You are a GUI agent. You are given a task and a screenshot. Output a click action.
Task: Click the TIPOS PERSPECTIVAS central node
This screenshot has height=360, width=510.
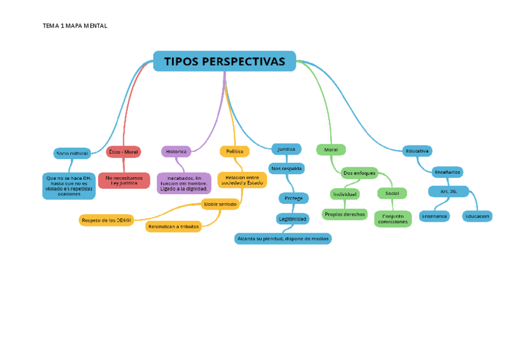224,61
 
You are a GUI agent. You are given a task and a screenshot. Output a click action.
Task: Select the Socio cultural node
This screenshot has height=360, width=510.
72,153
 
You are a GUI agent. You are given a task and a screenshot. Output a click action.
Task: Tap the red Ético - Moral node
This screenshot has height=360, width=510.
123,152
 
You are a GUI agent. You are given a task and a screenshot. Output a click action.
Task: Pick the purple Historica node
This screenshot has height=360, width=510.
176,151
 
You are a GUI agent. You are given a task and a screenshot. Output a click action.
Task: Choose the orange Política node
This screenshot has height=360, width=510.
235,151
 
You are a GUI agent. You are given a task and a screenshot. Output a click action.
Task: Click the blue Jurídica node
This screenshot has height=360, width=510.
286,148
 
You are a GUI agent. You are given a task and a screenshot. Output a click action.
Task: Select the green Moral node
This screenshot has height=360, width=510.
331,150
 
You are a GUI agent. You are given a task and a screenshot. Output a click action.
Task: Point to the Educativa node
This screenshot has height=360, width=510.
417,151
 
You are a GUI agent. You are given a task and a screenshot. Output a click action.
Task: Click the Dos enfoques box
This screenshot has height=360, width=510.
359,173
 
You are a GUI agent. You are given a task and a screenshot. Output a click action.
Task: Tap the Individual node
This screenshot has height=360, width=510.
345,194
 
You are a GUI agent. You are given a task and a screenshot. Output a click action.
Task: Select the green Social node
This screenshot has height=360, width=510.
392,194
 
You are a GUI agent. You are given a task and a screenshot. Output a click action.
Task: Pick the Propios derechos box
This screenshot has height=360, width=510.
345,214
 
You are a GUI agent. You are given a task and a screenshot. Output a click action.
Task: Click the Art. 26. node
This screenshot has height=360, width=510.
449,191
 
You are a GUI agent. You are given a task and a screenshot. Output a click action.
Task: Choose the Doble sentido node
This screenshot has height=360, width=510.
220,204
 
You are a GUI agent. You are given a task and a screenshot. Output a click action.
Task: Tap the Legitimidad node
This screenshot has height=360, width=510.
293,219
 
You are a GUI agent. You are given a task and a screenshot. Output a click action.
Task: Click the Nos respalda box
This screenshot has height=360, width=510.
287,168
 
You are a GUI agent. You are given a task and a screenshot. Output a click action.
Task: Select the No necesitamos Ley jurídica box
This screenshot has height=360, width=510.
124,180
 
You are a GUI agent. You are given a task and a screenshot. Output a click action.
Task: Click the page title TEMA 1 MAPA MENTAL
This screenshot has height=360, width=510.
75,26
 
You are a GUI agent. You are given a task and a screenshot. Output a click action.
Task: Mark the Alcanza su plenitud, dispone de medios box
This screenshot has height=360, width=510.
283,239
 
